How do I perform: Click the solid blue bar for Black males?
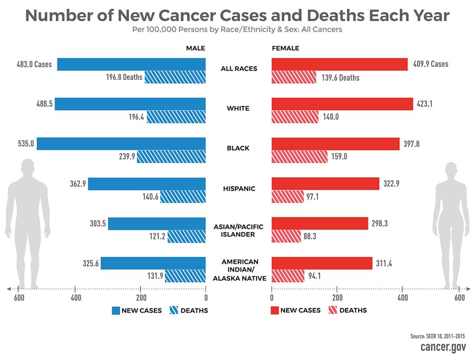pos(121,143)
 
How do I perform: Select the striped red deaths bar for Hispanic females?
pos(288,197)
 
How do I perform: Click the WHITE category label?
pos(238,108)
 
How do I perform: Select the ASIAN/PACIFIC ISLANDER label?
pos(238,231)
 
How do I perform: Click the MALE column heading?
pos(195,48)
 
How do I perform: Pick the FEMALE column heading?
pos(285,48)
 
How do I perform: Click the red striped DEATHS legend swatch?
pos(332,311)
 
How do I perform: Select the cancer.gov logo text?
pos(442,347)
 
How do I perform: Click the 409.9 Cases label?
pos(430,64)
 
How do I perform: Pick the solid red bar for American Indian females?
pos(322,263)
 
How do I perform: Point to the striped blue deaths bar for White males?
pos(176,117)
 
